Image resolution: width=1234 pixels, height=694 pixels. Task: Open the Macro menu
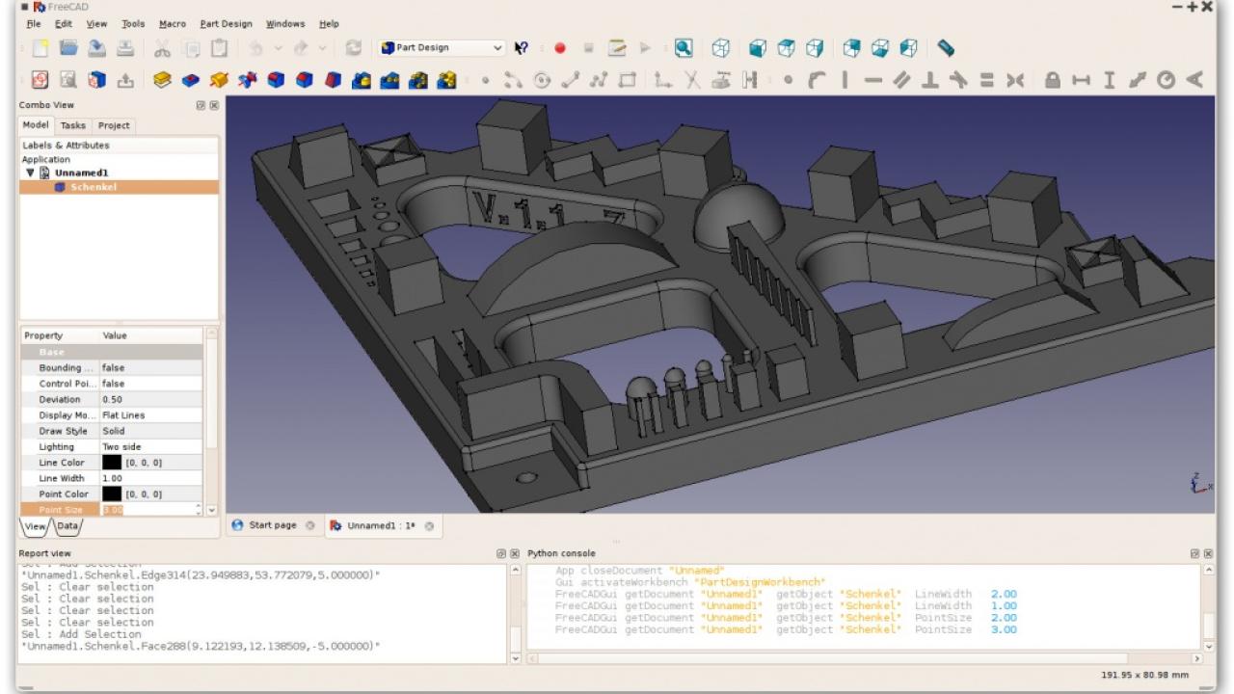(173, 23)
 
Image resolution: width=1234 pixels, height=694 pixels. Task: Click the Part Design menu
(226, 23)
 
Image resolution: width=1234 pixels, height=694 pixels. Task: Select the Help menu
(329, 23)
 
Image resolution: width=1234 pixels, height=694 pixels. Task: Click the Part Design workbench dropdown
(443, 47)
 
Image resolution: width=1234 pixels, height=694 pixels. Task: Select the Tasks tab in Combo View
(72, 125)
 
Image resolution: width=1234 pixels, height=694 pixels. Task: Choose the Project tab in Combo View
(114, 125)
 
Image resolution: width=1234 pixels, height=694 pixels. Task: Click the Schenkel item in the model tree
(93, 187)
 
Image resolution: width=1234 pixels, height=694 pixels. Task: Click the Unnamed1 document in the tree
(81, 173)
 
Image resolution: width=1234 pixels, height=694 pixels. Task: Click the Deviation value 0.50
(113, 399)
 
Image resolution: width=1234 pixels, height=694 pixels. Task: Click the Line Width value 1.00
(113, 478)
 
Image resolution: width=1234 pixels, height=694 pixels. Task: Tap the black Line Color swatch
(112, 463)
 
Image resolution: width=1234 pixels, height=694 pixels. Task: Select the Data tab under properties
(67, 526)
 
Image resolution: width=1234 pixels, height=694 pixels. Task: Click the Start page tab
(273, 525)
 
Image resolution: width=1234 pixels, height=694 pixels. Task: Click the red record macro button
(560, 47)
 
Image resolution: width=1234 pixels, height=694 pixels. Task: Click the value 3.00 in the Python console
(1005, 629)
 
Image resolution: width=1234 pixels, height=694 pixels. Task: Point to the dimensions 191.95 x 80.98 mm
(1144, 674)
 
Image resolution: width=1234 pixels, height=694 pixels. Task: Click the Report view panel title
(45, 553)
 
